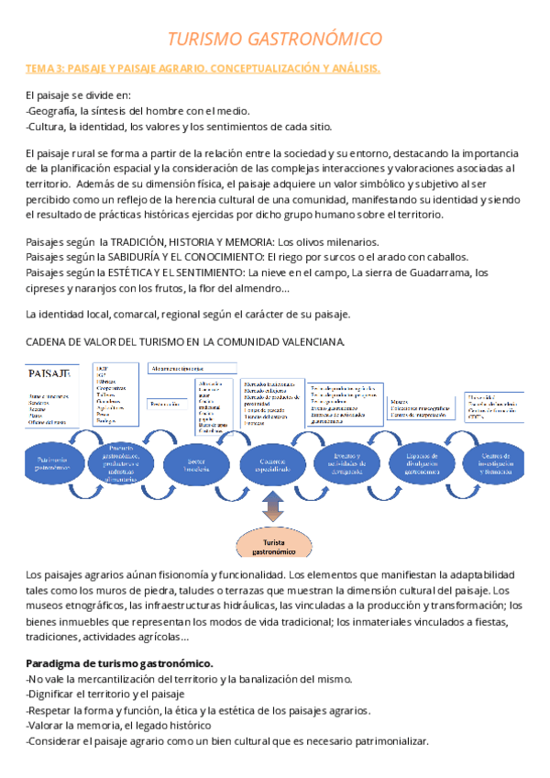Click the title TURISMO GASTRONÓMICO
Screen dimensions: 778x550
(274, 39)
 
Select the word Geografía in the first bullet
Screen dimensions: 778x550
(57, 111)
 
